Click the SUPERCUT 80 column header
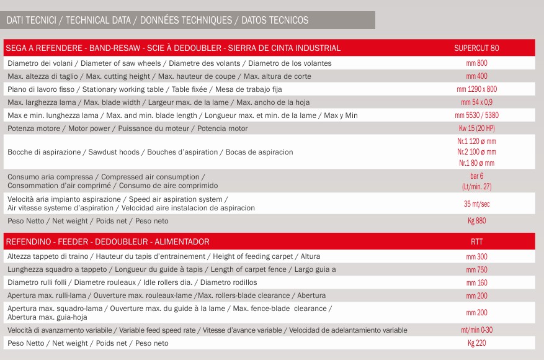tap(476, 48)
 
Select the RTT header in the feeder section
tap(476, 241)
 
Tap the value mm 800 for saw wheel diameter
tap(476, 63)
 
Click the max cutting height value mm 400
tap(476, 76)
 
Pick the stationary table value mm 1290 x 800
tap(476, 89)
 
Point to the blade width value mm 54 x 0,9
tap(476, 102)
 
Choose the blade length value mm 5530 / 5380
tap(476, 115)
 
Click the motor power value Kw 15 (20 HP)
tap(476, 128)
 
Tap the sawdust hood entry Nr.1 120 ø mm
tap(476, 141)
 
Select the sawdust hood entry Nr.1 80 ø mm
tap(476, 163)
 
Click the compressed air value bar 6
tap(476, 176)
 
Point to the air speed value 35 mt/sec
tap(476, 204)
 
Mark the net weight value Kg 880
tap(476, 221)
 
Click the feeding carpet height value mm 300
tap(476, 256)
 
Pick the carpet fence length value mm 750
tap(476, 269)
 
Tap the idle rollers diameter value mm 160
tap(476, 282)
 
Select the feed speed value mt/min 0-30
tap(476, 330)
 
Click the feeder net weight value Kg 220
tap(476, 343)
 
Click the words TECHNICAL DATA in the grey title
tap(98, 20)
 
